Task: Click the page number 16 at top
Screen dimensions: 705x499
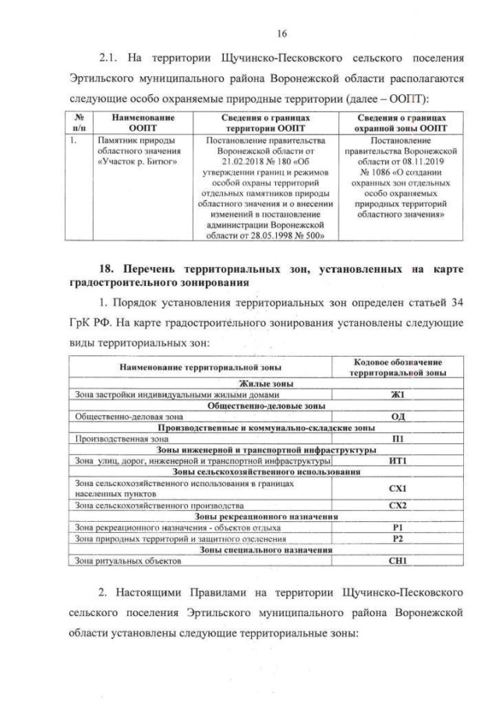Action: (x=249, y=32)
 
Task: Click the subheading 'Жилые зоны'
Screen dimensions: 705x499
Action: (x=258, y=384)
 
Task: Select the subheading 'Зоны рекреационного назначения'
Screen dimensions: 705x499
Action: (x=258, y=516)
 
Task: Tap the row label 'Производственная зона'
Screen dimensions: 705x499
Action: (x=107, y=439)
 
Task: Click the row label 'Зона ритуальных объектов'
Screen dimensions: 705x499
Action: (x=117, y=560)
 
